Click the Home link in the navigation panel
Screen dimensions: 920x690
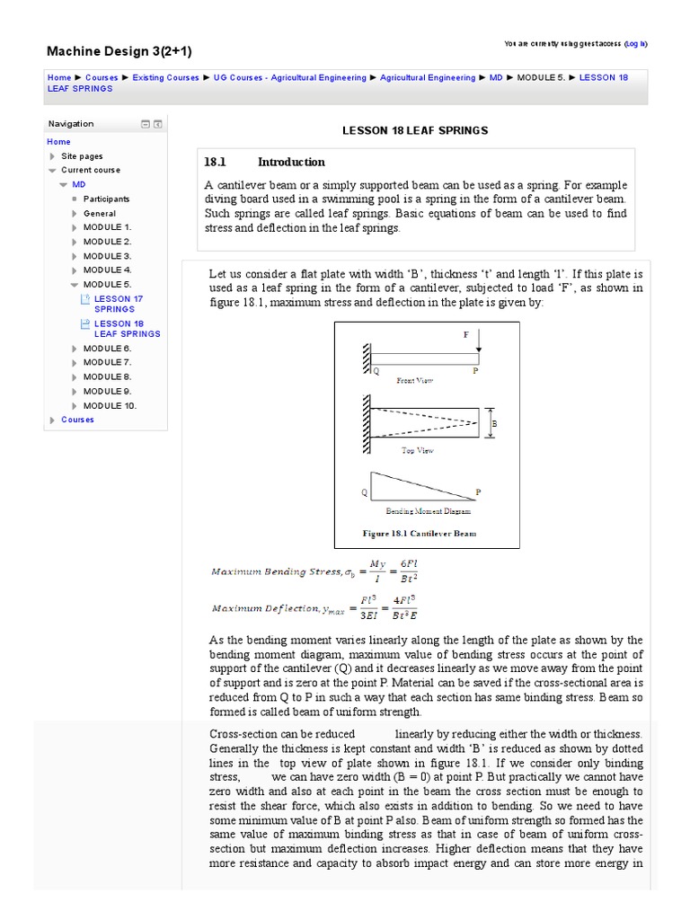pyautogui.click(x=58, y=142)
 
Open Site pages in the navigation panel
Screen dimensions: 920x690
pyautogui.click(x=82, y=156)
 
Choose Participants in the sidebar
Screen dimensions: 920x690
pyautogui.click(x=106, y=199)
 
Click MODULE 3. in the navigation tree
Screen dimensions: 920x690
pyautogui.click(x=107, y=256)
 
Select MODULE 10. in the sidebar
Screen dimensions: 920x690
pyautogui.click(x=110, y=406)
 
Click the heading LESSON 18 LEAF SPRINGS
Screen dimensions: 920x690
pyautogui.click(x=415, y=130)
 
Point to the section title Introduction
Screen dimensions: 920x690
pyautogui.click(x=291, y=163)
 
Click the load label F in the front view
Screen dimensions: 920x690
pyautogui.click(x=465, y=333)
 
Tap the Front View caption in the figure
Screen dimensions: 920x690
pyautogui.click(x=415, y=381)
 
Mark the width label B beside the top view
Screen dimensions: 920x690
pyautogui.click(x=493, y=423)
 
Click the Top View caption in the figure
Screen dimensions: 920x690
pyautogui.click(x=417, y=451)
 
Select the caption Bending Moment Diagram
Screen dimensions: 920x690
pyautogui.click(x=428, y=511)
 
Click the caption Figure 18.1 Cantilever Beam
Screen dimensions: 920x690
pyautogui.click(x=420, y=533)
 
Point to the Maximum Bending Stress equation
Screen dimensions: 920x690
pyautogui.click(x=314, y=571)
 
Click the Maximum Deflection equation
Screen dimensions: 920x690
pyautogui.click(x=314, y=608)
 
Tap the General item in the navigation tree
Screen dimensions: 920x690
pyautogui.click(x=100, y=214)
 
